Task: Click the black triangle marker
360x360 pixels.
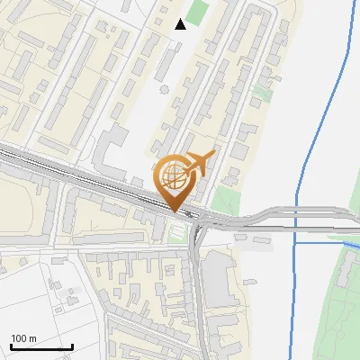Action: tap(181, 23)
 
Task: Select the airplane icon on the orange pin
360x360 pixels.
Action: tap(200, 164)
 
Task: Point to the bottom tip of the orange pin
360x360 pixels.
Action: tap(175, 211)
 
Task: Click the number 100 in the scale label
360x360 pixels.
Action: tap(18, 338)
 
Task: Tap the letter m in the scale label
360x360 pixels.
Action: tap(32, 338)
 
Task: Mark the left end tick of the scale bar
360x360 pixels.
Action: tap(11, 346)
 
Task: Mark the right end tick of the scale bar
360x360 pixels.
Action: tap(72, 346)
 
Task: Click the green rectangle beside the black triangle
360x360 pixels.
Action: tap(198, 13)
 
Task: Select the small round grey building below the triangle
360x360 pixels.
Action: tap(164, 89)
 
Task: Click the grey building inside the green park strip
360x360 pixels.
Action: tap(343, 278)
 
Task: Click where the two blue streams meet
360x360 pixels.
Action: tap(295, 241)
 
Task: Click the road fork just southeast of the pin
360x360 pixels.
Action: tap(199, 225)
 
